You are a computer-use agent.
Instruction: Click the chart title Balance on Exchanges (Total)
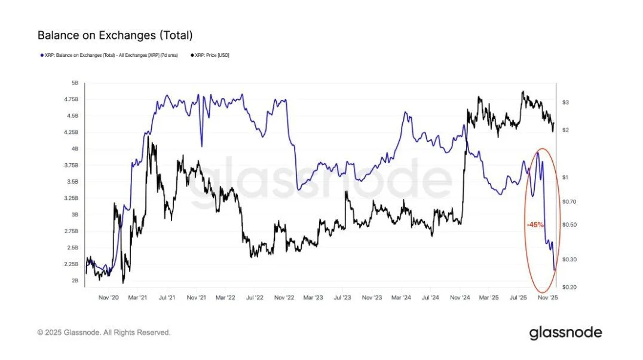(115, 35)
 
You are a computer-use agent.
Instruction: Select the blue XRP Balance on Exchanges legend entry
(108, 55)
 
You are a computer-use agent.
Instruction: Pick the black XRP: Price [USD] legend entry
(210, 55)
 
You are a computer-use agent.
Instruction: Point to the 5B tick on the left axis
(74, 83)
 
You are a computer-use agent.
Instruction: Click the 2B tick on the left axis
(74, 280)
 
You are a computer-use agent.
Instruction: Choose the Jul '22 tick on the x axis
(255, 297)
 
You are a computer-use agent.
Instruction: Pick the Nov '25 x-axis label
(547, 297)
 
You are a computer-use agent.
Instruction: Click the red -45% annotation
(535, 225)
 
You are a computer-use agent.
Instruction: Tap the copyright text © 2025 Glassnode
(104, 332)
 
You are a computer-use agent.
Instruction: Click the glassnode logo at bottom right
(565, 332)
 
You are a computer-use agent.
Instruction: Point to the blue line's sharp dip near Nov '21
(201, 145)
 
